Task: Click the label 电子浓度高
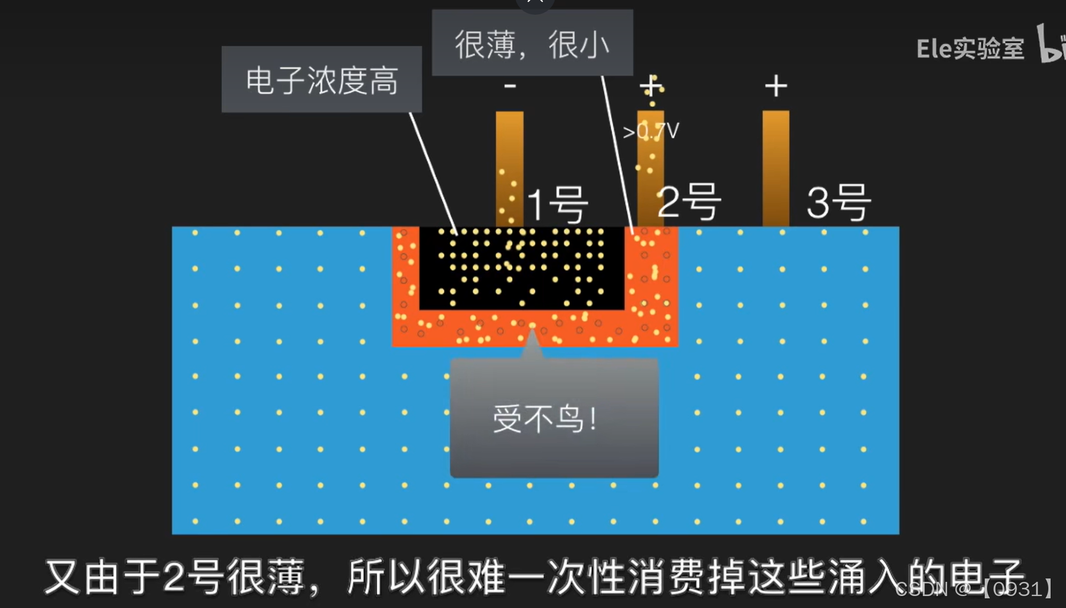point(322,80)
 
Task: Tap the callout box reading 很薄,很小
point(532,44)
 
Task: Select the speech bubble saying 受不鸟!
point(553,419)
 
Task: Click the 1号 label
point(557,204)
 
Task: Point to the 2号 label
point(689,202)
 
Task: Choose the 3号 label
point(839,202)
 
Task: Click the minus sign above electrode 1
point(510,86)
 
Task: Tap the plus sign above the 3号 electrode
point(776,86)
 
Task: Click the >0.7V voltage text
point(651,132)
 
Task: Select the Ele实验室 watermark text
point(970,49)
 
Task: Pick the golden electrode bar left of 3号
point(776,168)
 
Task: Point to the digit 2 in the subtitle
point(174,577)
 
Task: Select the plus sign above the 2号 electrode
point(651,86)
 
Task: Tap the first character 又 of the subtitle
point(63,577)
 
